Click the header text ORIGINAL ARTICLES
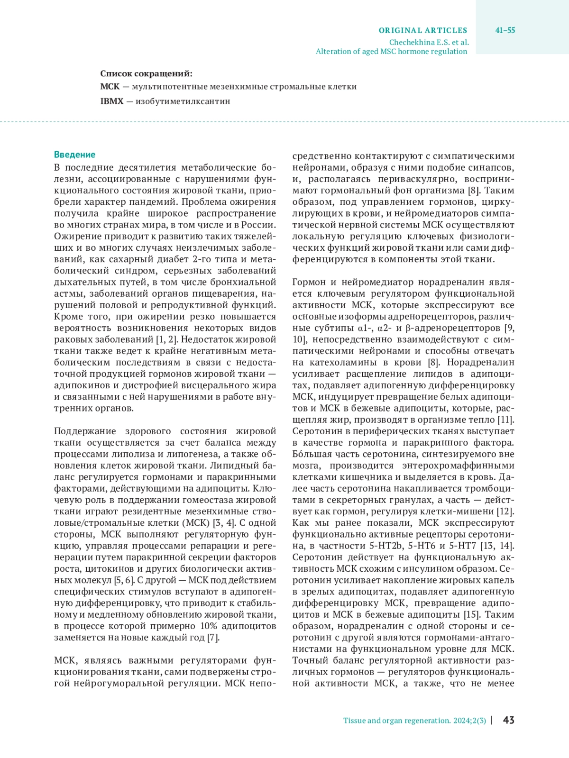[422, 30]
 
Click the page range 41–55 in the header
[505, 30]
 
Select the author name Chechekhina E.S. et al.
[429, 42]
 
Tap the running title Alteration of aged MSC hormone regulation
[391, 51]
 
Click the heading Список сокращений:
[146, 73]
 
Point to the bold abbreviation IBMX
[111, 101]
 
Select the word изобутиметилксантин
[183, 101]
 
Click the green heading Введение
[74, 155]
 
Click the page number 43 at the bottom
[508, 720]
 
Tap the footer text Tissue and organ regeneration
[396, 721]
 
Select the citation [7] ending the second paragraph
[213, 638]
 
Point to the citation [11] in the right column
[505, 420]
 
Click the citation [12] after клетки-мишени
[505, 511]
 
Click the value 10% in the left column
[208, 626]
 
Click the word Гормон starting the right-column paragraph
[309, 283]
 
